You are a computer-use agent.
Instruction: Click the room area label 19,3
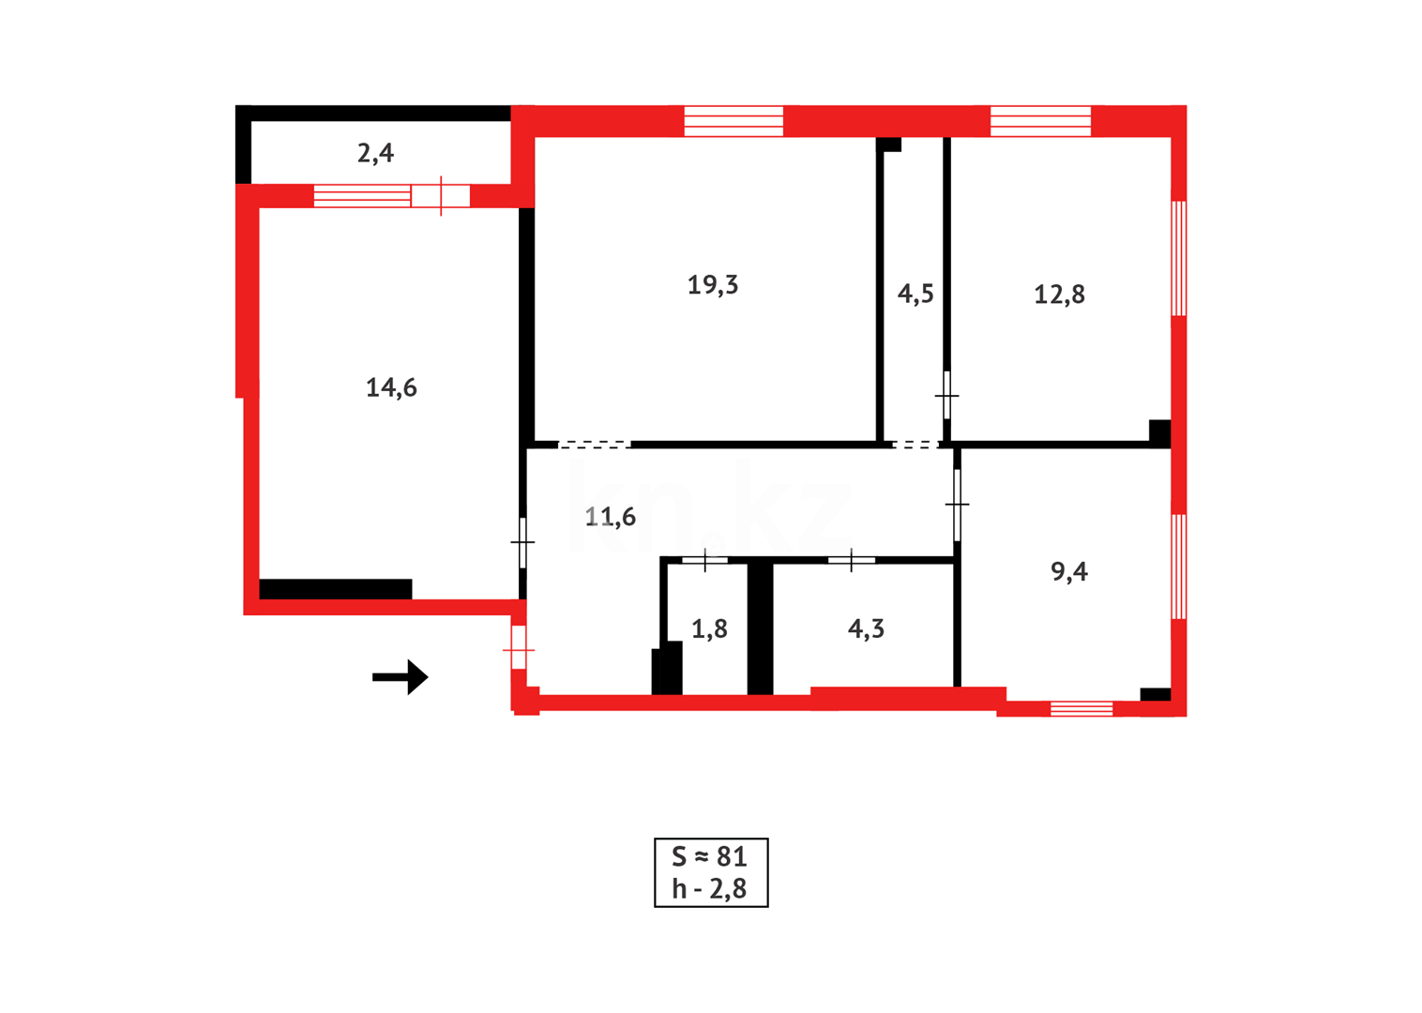tap(713, 284)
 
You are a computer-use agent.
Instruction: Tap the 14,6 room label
tap(391, 387)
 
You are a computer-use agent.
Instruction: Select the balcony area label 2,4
tap(375, 153)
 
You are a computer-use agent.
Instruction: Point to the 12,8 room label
tap(1059, 295)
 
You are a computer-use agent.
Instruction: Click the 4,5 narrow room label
tap(915, 295)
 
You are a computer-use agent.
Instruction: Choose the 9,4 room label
tap(1069, 571)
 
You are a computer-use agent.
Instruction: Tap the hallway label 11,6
tap(610, 517)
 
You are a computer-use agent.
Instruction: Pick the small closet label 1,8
tap(709, 629)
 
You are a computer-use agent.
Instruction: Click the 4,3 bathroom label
tap(866, 629)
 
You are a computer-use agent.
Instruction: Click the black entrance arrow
tap(401, 676)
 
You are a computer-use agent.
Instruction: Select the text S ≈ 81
tap(710, 856)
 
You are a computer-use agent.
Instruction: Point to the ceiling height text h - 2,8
tap(710, 889)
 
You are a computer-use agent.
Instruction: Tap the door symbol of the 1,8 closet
tap(704, 561)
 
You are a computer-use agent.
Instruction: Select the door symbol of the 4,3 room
tap(851, 561)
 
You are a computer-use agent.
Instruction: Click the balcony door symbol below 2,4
tap(441, 196)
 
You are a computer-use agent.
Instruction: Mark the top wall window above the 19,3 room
tap(734, 121)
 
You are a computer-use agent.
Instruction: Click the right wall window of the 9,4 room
tap(1179, 567)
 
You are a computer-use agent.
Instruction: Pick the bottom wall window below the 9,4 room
tap(1082, 708)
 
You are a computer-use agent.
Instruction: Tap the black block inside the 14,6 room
tap(336, 589)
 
